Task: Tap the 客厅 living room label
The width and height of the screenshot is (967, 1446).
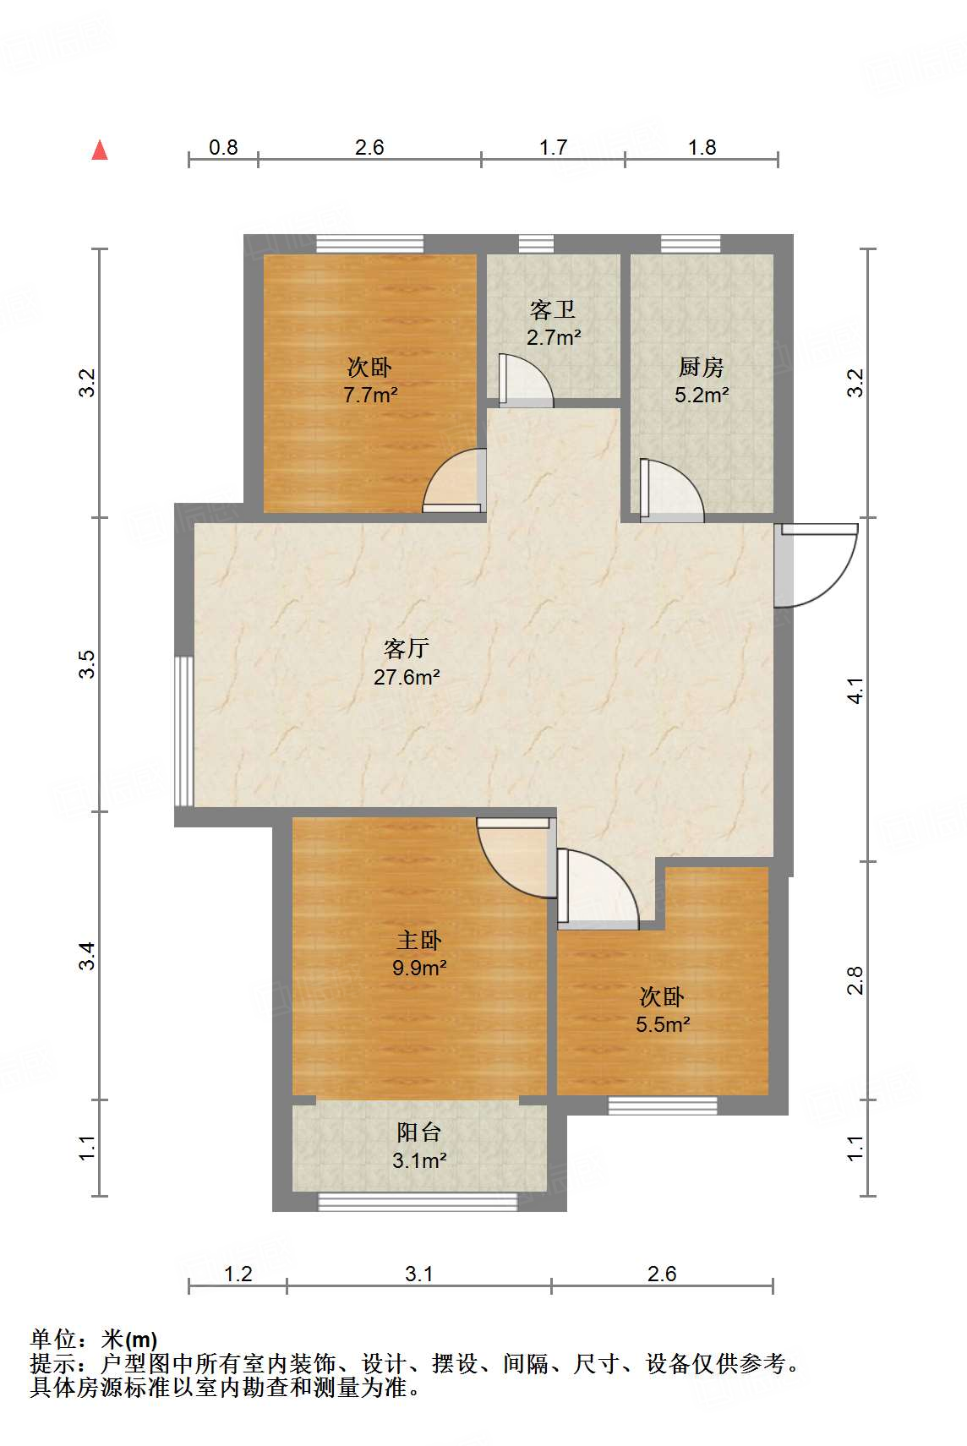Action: pos(407,648)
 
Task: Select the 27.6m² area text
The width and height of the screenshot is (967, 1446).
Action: pos(407,677)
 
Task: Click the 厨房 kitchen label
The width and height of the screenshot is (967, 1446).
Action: pos(701,367)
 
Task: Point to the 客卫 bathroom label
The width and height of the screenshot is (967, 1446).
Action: pos(553,309)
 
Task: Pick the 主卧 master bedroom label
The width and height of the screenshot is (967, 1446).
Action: pos(419,940)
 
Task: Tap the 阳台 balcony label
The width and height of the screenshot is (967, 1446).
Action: pos(419,1132)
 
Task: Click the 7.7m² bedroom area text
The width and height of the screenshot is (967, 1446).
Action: pos(370,395)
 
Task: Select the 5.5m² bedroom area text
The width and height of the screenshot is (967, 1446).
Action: pos(663,1025)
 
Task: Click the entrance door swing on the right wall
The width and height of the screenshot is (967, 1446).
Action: pos(816,565)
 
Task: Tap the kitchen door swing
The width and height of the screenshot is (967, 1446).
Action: pos(671,490)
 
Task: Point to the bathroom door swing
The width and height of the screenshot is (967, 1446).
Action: pos(526,380)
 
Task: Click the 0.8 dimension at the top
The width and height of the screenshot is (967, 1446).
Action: pos(223,148)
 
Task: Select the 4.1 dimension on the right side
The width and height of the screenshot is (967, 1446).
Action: pos(855,690)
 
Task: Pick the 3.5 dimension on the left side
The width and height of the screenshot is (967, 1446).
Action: pos(87,664)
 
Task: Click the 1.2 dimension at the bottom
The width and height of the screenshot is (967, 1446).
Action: pos(238,1274)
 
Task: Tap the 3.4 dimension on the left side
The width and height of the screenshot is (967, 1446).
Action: pos(87,956)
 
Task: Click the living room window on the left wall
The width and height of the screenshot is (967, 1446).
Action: pos(183,731)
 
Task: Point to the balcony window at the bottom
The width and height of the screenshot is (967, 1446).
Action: pos(418,1201)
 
